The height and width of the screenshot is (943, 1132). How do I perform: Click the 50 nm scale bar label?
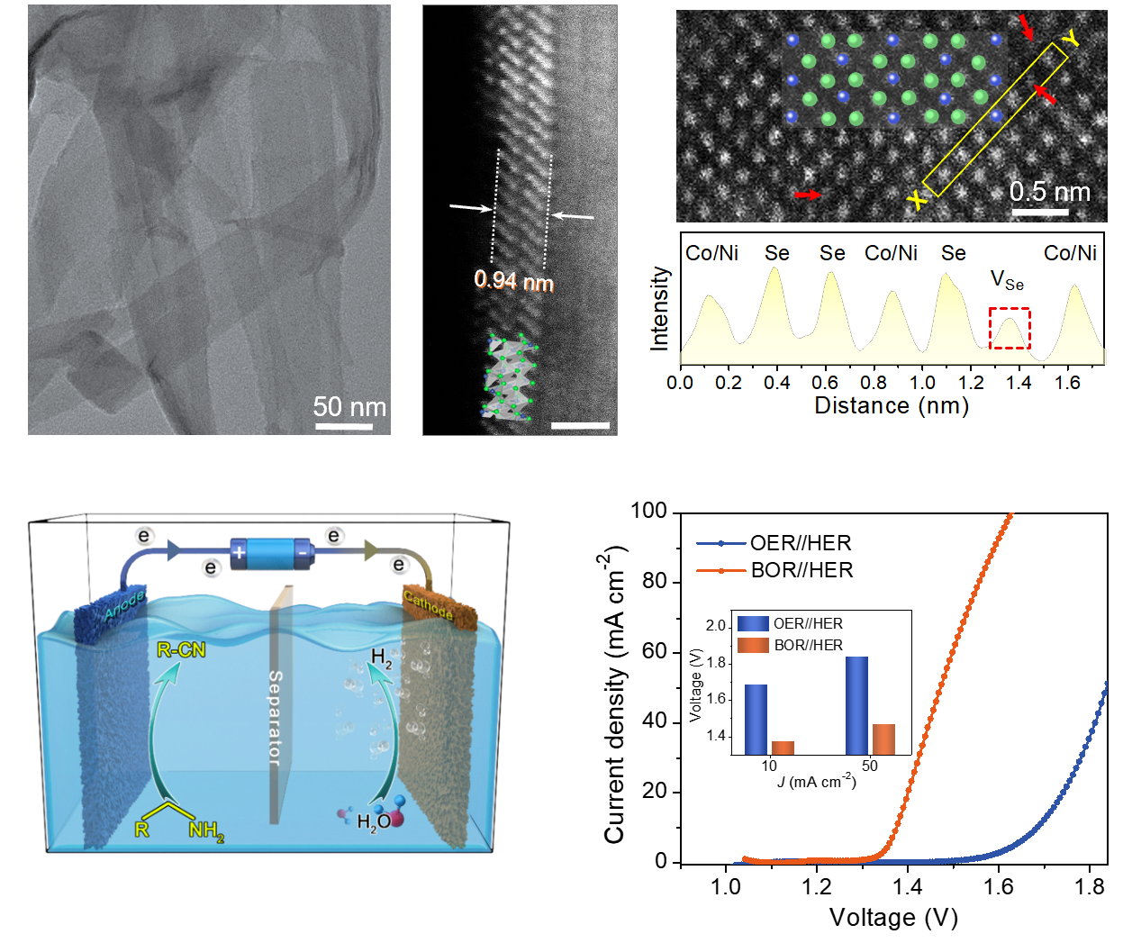[349, 407]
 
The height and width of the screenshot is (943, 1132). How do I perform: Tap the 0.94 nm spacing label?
[513, 281]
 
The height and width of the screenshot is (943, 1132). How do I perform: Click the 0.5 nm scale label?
[1049, 192]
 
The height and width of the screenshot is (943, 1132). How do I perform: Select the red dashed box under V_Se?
[1010, 329]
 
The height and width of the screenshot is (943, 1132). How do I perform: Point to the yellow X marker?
[917, 200]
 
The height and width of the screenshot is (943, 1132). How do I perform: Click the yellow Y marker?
[1070, 38]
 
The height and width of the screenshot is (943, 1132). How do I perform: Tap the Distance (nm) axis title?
[892, 406]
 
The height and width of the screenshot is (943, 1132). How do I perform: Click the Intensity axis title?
[660, 308]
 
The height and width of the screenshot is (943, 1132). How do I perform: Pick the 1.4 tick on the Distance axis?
[1019, 383]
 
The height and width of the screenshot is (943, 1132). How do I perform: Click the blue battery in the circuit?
[270, 552]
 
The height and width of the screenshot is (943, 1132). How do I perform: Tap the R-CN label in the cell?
[181, 649]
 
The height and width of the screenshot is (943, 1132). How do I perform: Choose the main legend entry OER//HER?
[801, 543]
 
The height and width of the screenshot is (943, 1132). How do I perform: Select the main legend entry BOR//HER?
[801, 570]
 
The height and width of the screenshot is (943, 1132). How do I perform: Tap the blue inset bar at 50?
[856, 705]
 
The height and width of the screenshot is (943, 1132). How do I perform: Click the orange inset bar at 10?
[783, 748]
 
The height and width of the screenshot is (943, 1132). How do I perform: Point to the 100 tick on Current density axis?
[648, 512]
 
